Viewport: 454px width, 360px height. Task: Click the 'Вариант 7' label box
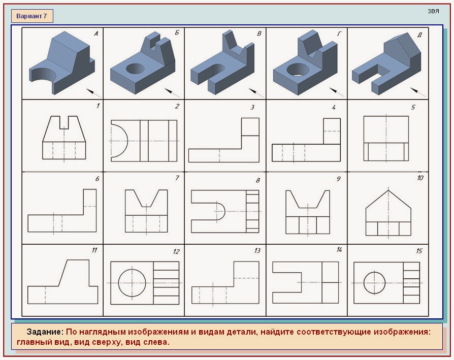click(x=32, y=16)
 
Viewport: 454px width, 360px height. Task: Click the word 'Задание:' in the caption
click(x=45, y=332)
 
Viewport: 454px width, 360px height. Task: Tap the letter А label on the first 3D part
click(x=96, y=34)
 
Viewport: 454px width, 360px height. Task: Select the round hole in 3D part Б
click(x=135, y=69)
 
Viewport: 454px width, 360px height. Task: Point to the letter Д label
click(x=419, y=35)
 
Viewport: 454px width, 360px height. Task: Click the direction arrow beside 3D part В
click(x=256, y=92)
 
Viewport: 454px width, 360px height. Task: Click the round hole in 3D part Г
click(x=298, y=70)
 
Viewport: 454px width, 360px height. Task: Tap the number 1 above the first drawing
click(x=98, y=106)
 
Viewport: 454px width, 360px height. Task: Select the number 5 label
click(x=413, y=107)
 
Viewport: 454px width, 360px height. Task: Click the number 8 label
click(x=257, y=180)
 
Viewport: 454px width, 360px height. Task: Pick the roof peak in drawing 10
click(x=388, y=190)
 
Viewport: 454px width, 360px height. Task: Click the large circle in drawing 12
click(x=132, y=283)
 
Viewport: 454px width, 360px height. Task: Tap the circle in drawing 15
click(x=374, y=283)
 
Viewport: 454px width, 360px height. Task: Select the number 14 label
click(x=339, y=249)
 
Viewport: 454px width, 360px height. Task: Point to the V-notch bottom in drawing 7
click(x=146, y=207)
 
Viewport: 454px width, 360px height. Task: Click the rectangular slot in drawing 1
click(x=64, y=122)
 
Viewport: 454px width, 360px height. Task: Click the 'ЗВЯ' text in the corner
click(x=433, y=11)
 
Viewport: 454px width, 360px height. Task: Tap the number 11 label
click(x=94, y=250)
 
